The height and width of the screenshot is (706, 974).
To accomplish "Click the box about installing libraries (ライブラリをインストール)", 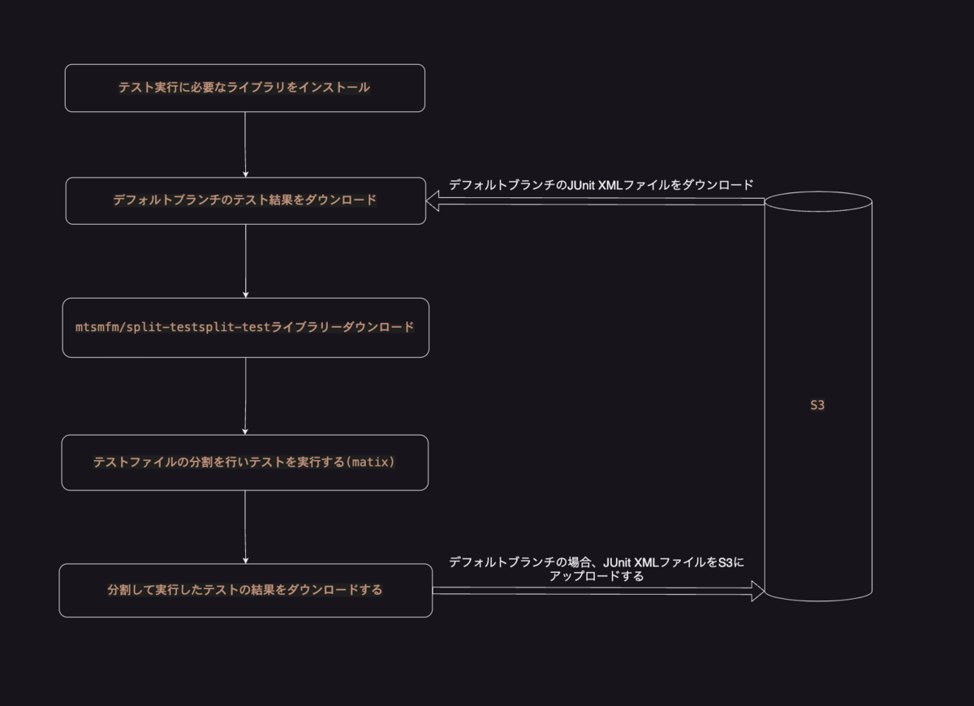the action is point(244,88).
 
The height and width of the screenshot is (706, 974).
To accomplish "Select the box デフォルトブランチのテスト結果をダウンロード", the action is point(245,200).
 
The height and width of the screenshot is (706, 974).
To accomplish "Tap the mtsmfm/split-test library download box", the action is point(245,327).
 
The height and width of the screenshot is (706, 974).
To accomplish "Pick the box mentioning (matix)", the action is point(244,463).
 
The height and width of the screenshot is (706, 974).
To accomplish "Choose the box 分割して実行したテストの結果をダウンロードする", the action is point(245,590).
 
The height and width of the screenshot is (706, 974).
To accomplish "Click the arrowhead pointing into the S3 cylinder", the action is point(757,591).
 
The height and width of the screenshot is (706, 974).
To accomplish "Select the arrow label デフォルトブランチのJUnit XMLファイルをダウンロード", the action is point(601,185).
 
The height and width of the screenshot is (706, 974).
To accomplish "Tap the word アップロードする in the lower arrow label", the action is point(597,576).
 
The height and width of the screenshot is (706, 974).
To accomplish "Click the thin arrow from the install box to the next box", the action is point(245,144).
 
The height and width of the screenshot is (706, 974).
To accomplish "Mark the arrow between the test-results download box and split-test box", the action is point(245,260).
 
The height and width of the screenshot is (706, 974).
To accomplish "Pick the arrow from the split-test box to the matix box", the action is point(245,396).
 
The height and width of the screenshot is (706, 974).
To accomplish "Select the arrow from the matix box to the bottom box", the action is point(245,527).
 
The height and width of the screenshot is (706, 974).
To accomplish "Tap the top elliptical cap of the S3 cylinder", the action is point(817,200).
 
